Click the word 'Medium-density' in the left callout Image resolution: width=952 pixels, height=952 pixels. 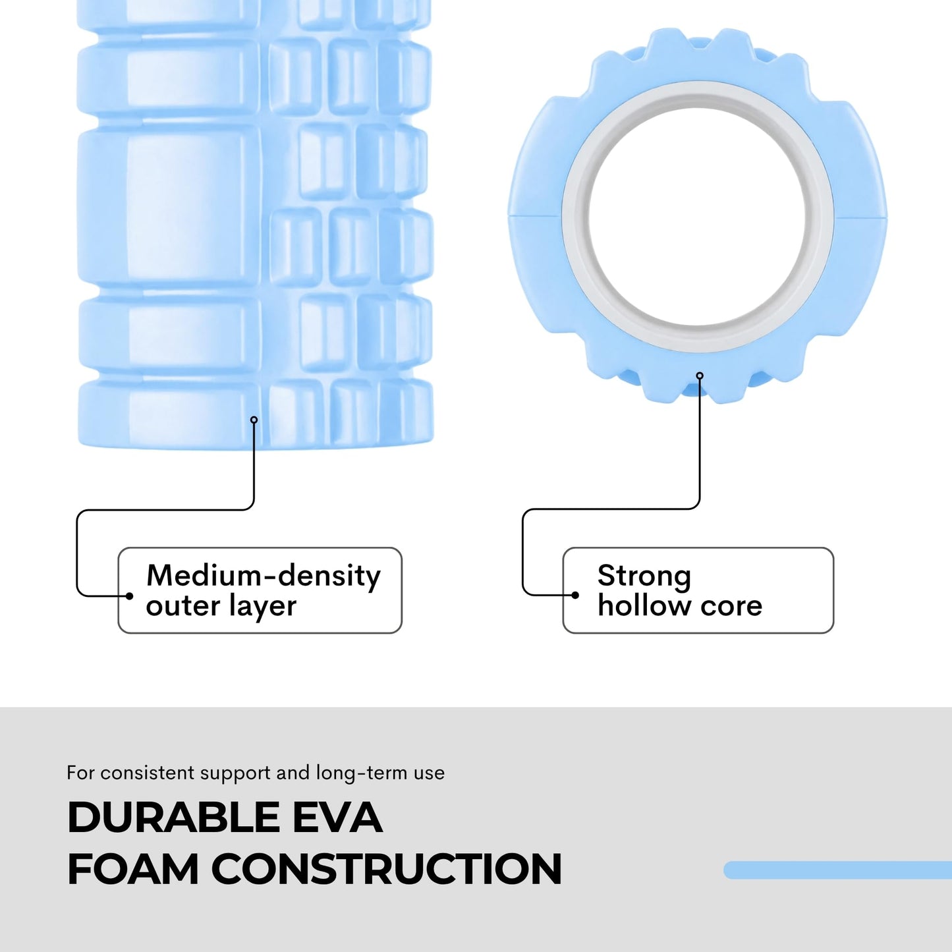(x=264, y=576)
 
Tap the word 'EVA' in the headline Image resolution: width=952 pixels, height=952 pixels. (x=337, y=817)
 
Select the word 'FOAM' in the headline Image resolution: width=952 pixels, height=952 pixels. (x=133, y=869)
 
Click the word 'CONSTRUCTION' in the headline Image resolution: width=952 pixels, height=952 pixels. (x=386, y=869)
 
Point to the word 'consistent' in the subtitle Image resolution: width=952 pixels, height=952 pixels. (x=147, y=773)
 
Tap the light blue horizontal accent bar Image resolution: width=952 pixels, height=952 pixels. (x=837, y=870)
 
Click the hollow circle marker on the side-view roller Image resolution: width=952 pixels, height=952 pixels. (x=254, y=420)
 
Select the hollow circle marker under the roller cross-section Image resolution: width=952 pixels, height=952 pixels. (x=700, y=376)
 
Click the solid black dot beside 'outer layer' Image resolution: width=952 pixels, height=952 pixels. (x=129, y=596)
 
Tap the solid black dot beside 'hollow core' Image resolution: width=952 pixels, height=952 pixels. (x=575, y=596)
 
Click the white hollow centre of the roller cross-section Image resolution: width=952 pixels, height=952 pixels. (x=697, y=217)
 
